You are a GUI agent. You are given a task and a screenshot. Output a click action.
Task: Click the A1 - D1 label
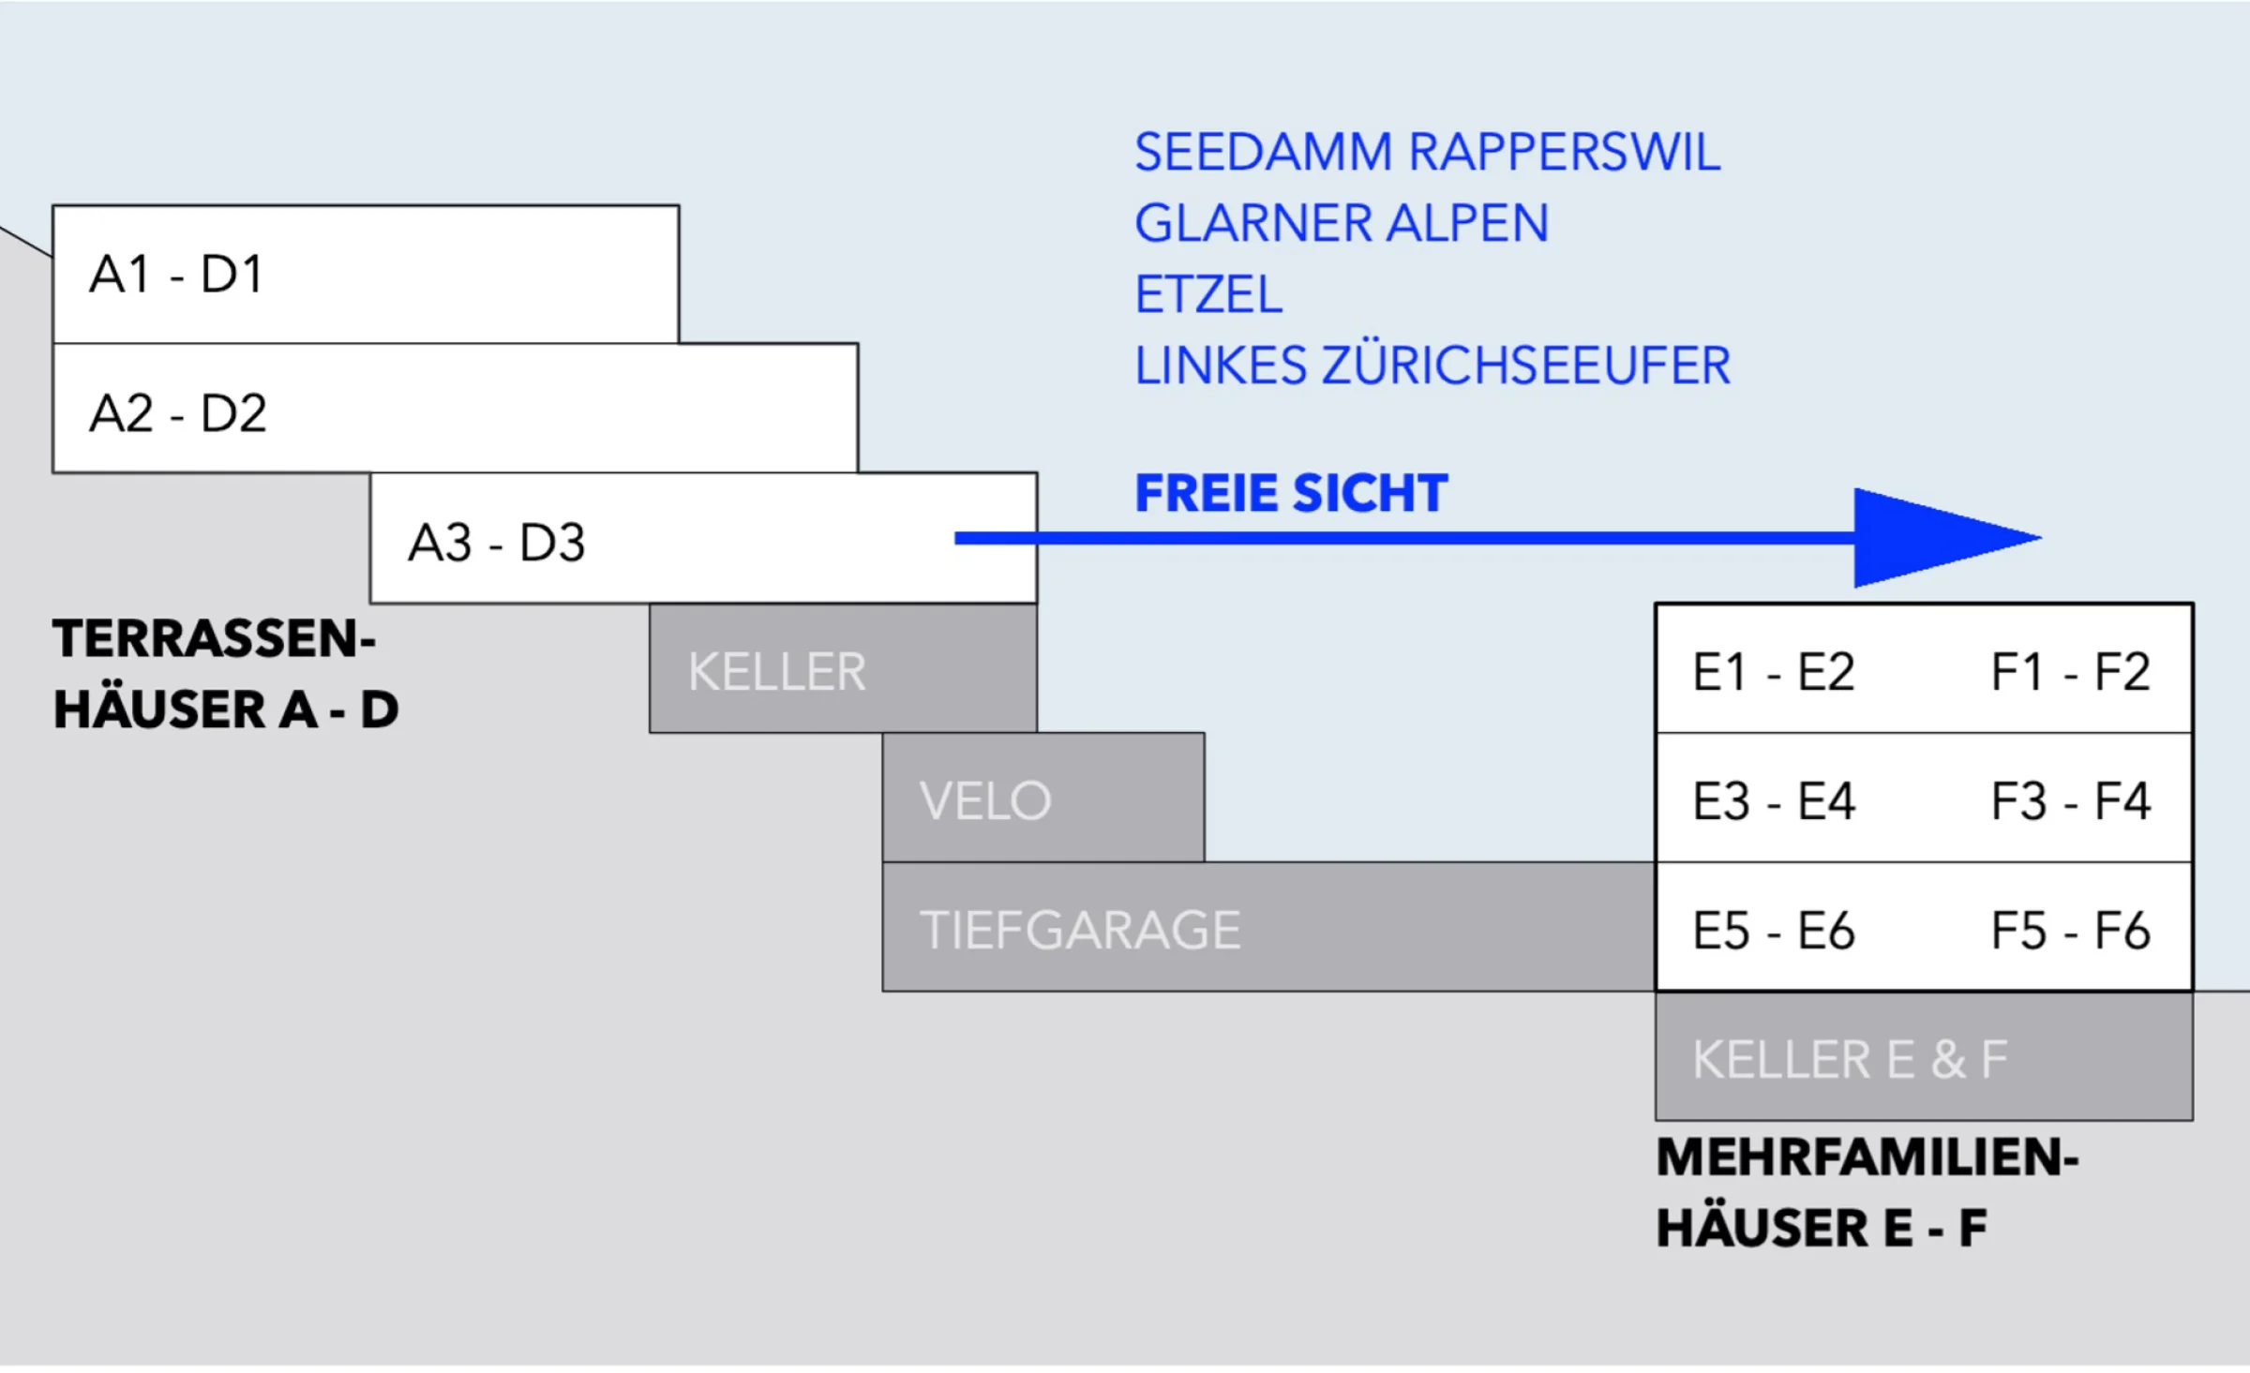(x=175, y=275)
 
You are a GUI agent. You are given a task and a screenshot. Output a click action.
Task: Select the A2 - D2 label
(x=177, y=413)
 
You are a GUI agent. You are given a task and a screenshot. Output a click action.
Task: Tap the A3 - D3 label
(x=496, y=543)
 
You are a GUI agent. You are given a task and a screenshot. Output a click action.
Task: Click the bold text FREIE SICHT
(x=1291, y=493)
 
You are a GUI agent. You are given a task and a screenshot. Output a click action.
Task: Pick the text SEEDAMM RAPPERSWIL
(x=1427, y=152)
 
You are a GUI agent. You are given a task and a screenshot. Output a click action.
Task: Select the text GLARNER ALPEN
(x=1341, y=223)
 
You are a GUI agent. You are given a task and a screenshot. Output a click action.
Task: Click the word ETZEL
(x=1207, y=294)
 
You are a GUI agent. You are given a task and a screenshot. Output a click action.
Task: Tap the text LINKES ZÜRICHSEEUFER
(x=1432, y=366)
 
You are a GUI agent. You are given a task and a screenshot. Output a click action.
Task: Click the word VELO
(x=985, y=801)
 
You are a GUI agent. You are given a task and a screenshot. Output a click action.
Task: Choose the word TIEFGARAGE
(x=1080, y=931)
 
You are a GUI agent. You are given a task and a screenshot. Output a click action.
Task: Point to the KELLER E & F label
(x=1850, y=1060)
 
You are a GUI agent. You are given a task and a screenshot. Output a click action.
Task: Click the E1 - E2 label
(x=1773, y=672)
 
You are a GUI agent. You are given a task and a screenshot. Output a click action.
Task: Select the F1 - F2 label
(x=2070, y=672)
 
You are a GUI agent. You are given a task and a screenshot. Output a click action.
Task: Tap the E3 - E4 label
(x=1773, y=801)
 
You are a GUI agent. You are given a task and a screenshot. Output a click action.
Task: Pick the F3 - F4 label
(x=2070, y=801)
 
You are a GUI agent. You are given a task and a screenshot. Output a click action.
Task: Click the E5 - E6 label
(x=1773, y=931)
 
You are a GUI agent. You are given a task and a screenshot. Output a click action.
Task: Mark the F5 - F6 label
(x=2070, y=931)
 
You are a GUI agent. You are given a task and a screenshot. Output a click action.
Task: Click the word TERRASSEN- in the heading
(x=214, y=639)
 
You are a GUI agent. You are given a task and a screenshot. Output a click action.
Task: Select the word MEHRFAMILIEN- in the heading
(x=1867, y=1157)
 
